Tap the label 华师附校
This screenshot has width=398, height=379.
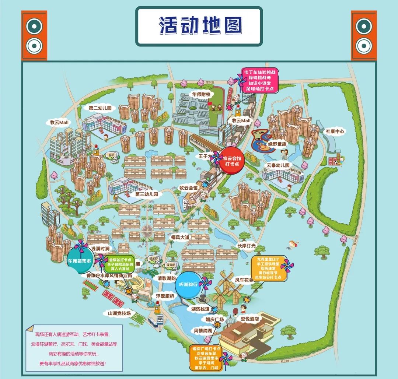click(x=200, y=94)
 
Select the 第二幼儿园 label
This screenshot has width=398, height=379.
click(x=100, y=108)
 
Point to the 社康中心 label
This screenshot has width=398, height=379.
click(x=335, y=131)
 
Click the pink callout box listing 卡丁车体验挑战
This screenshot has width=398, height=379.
click(x=259, y=80)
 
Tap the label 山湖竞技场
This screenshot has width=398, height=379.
click(x=119, y=313)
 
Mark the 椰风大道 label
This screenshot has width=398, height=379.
click(x=179, y=238)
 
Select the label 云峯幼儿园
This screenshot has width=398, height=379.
click(x=278, y=165)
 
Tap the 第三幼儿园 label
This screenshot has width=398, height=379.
click(x=146, y=194)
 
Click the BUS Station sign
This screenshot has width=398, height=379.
click(x=160, y=319)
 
